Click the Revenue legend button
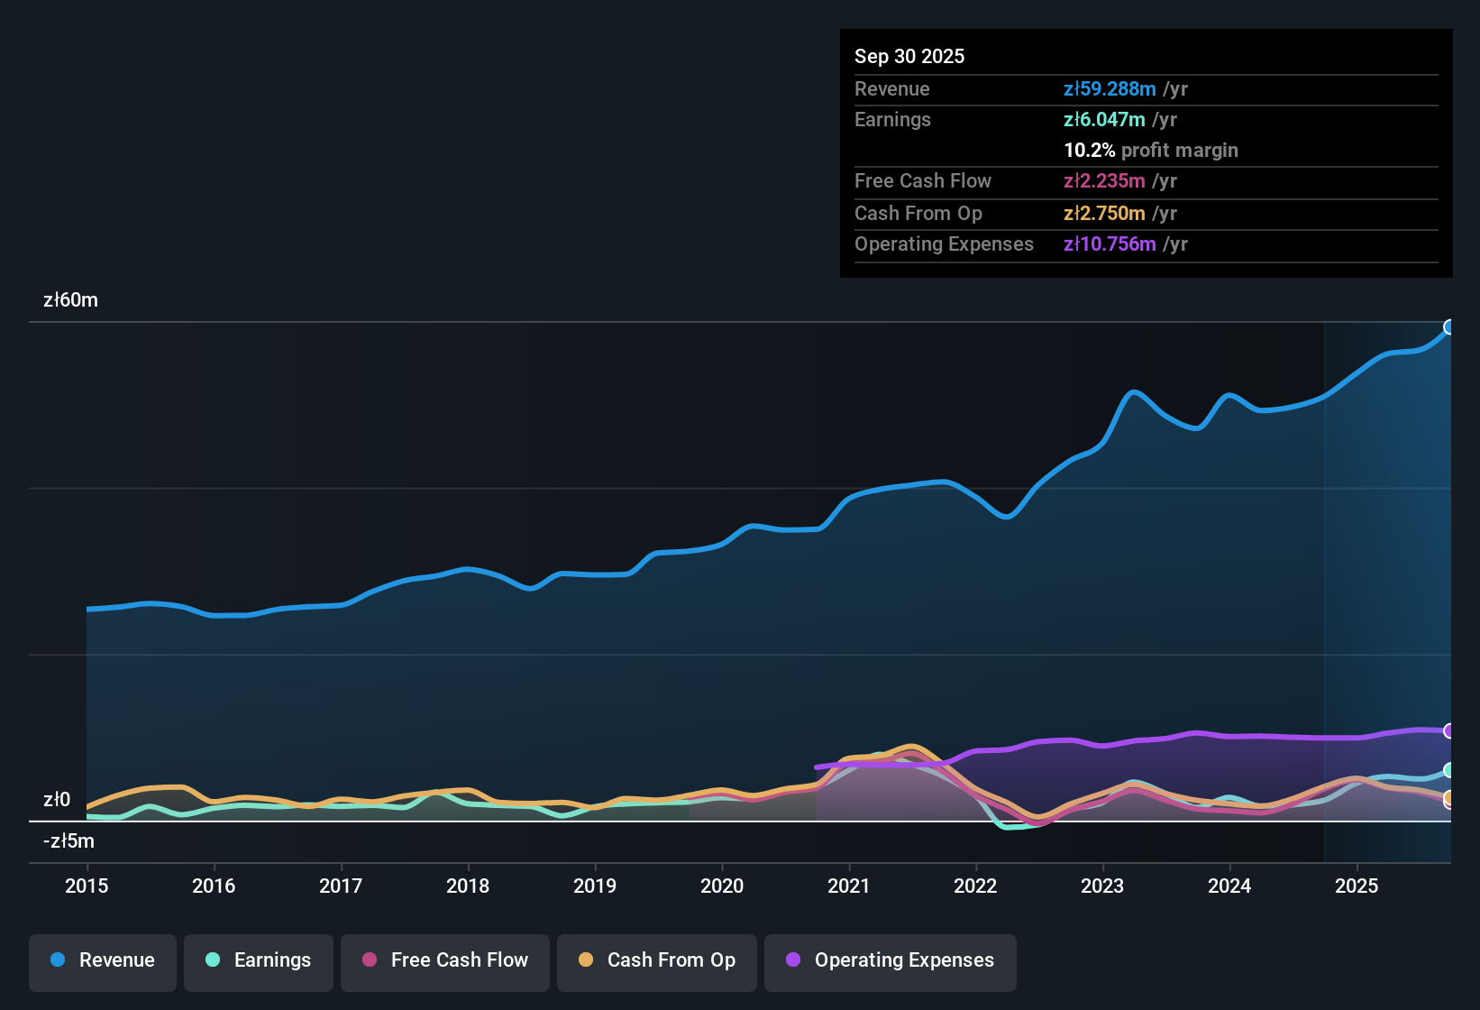(x=103, y=960)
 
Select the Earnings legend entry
(x=259, y=960)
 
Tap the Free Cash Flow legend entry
(x=445, y=960)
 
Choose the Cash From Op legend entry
(x=657, y=960)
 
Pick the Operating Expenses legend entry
(x=891, y=960)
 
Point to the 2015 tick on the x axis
(x=87, y=886)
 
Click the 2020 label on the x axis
(x=722, y=886)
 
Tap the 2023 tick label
(x=1102, y=886)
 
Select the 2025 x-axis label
(x=1357, y=886)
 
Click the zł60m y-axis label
(x=70, y=300)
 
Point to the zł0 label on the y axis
(x=57, y=800)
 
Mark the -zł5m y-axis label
(x=69, y=841)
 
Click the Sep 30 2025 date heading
(x=909, y=57)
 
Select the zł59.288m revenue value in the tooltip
(x=1110, y=89)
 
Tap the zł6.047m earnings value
(x=1104, y=120)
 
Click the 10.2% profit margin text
(x=1151, y=151)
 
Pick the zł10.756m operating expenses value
(x=1110, y=244)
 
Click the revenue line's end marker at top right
(x=1449, y=327)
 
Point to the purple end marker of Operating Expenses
(x=1449, y=730)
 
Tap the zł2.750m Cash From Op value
(x=1104, y=214)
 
